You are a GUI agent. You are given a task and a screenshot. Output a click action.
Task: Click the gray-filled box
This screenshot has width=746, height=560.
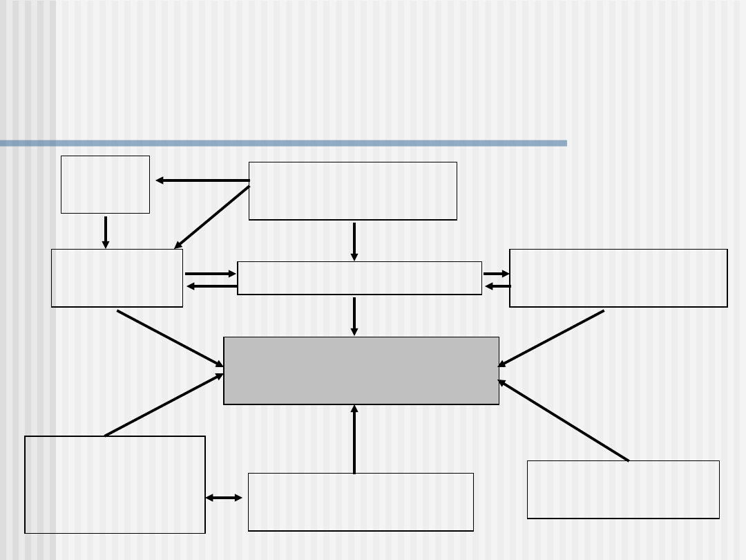361,371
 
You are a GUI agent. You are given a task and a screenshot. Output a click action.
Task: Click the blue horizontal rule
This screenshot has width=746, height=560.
283,143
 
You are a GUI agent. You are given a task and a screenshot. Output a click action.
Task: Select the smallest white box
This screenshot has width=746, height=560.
105,185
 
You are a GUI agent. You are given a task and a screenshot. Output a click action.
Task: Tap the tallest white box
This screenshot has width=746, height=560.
115,484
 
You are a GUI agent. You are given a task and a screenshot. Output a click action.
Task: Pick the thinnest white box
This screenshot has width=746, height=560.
359,278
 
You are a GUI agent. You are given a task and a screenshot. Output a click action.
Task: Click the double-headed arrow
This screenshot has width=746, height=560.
224,498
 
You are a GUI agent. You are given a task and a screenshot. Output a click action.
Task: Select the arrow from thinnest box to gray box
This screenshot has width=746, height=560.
354,316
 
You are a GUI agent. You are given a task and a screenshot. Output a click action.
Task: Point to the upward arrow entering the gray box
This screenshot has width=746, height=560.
354,439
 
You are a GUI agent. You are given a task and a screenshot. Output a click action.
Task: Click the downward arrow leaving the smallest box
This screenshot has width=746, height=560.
106,232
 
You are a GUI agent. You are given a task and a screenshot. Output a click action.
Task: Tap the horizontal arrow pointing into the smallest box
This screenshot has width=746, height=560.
202,180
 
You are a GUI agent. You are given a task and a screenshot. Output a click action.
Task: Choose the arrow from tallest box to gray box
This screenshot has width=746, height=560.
164,405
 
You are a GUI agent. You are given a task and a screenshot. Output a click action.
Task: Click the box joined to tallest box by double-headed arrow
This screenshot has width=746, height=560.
361,502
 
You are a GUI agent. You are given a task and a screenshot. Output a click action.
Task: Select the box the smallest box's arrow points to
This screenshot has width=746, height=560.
117,278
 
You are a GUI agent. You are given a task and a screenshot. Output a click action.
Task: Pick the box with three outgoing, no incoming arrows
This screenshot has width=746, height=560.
352,191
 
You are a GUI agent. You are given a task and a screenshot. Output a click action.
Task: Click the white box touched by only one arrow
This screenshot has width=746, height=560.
623,489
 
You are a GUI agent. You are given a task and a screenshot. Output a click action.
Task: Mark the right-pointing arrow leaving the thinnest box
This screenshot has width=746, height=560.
496,274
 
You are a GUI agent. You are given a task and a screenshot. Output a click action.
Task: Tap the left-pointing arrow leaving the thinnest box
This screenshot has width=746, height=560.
211,286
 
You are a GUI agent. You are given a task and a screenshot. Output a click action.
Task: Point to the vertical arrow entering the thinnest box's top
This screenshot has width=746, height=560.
354,241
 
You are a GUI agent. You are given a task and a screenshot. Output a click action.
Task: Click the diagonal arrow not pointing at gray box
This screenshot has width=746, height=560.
211,217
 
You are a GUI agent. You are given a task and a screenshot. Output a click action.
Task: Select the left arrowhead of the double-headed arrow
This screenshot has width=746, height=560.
209,498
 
